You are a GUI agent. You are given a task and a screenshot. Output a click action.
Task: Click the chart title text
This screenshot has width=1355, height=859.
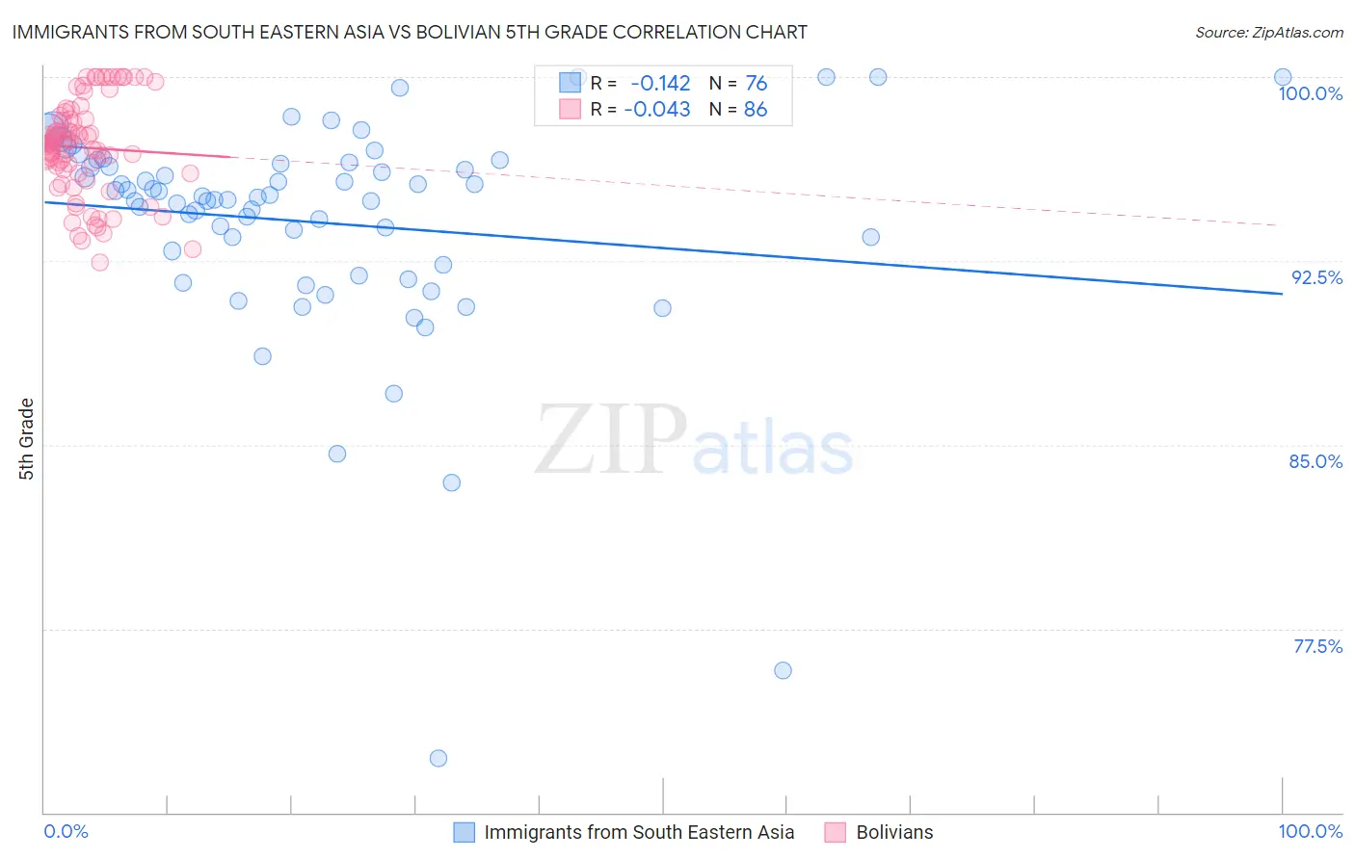[410, 32]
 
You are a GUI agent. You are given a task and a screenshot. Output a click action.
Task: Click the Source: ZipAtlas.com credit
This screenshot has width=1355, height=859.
[1268, 32]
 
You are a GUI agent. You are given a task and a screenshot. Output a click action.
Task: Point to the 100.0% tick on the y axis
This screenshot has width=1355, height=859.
[1310, 93]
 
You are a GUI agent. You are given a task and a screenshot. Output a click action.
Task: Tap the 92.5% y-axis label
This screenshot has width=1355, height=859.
[1316, 277]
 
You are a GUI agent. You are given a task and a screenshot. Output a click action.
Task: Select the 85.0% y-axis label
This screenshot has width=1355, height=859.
[1315, 461]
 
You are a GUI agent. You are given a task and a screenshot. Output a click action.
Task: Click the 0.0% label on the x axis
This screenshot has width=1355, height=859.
[66, 831]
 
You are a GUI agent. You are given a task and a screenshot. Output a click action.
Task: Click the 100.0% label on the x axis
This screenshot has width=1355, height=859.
[1310, 831]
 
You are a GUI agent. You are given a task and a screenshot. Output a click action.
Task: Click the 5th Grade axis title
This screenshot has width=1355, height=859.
[27, 438]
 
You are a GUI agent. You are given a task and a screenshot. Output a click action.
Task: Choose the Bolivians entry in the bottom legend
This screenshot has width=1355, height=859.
[894, 832]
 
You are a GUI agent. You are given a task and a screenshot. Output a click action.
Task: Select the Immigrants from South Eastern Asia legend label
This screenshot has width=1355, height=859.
[639, 832]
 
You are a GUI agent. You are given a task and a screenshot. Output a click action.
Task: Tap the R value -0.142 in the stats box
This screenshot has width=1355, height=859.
[660, 84]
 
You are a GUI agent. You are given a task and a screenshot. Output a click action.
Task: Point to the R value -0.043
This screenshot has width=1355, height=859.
[657, 110]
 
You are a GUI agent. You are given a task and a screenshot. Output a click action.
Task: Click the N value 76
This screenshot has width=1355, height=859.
[756, 84]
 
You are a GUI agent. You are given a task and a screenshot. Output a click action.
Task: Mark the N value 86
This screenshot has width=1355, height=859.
[756, 110]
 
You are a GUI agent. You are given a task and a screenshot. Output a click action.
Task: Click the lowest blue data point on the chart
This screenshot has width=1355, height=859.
[438, 758]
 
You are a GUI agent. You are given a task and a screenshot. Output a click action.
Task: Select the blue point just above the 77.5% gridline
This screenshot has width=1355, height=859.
[783, 670]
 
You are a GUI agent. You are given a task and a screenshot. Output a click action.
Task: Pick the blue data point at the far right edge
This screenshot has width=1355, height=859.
[1283, 77]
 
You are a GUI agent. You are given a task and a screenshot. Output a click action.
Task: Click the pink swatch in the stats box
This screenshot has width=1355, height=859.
[570, 110]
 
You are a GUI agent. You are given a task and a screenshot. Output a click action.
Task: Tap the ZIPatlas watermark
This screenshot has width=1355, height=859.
[694, 441]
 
